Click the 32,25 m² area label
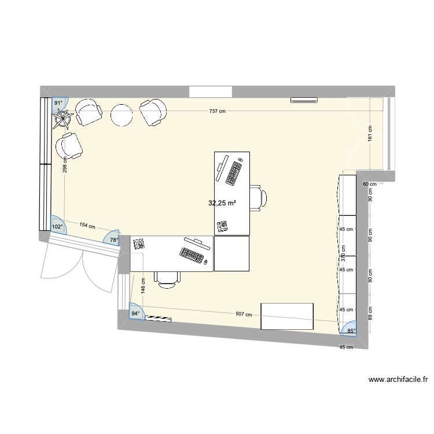[x=223, y=203]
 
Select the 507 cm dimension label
[x=244, y=315]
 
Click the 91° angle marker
[x=58, y=103]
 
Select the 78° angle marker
[x=113, y=240]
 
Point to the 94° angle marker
[x=135, y=314]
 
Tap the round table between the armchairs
[x=122, y=115]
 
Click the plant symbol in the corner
[x=62, y=119]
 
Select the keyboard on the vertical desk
[x=234, y=172]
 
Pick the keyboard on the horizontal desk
[x=193, y=253]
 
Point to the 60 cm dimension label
[x=369, y=184]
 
